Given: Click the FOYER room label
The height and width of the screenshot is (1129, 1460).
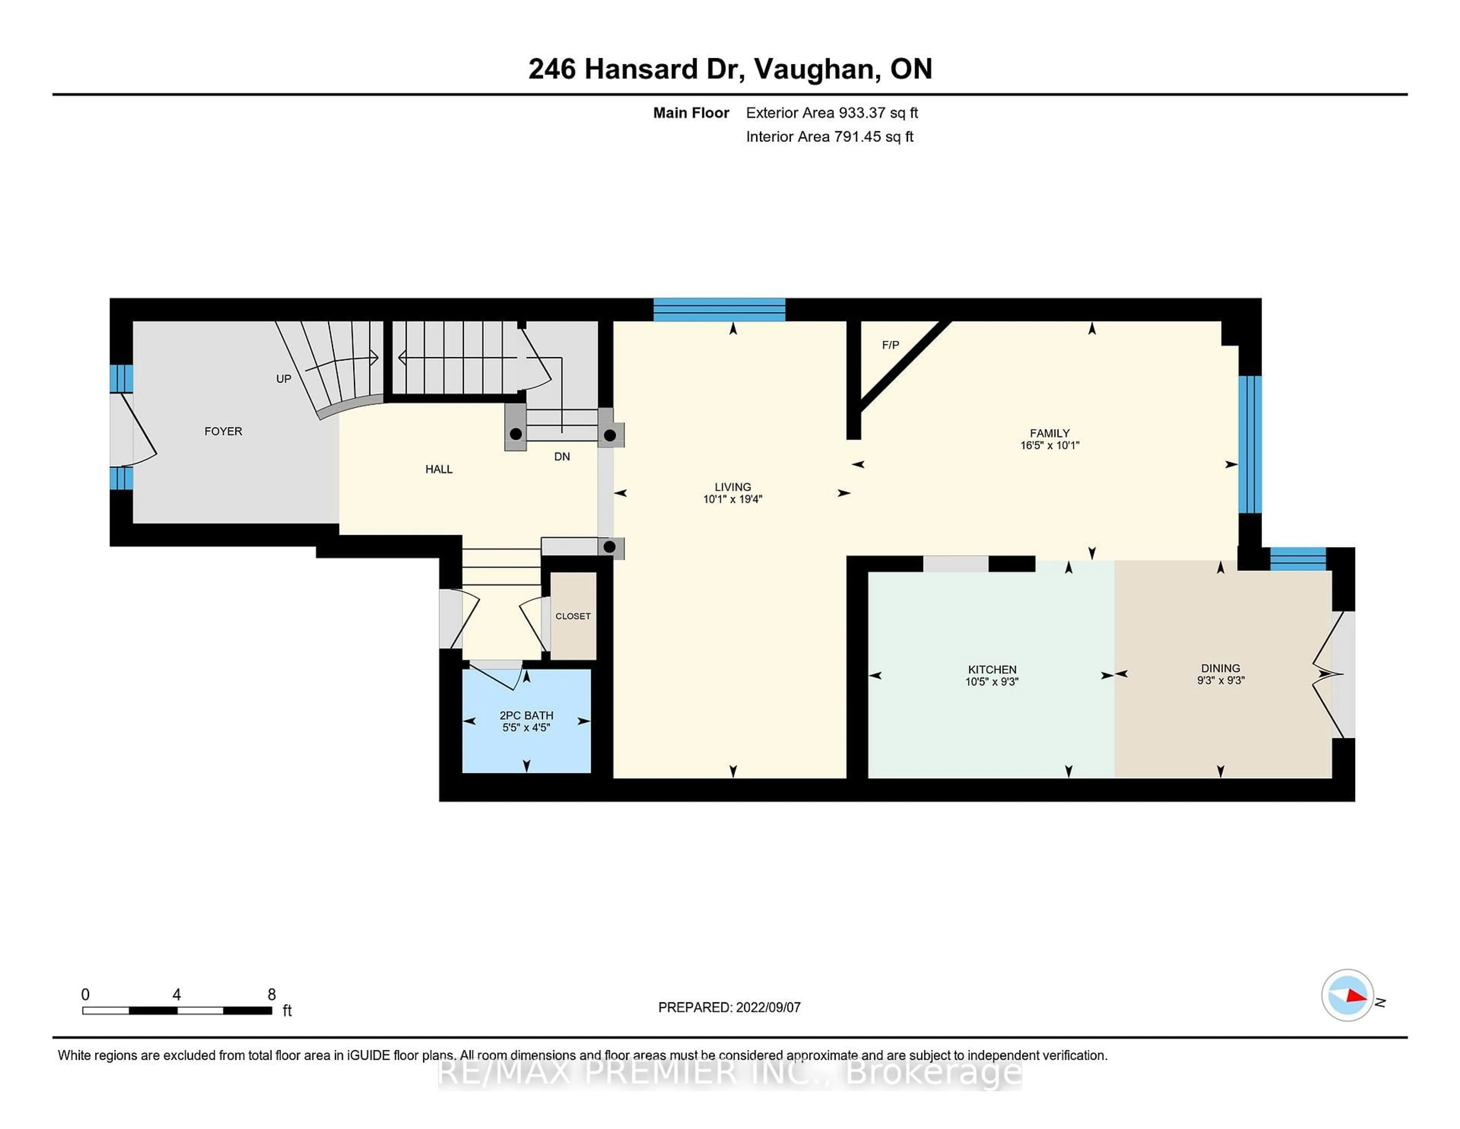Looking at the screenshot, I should pyautogui.click(x=223, y=431).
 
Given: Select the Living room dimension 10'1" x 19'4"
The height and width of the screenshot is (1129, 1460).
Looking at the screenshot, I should pyautogui.click(x=733, y=499).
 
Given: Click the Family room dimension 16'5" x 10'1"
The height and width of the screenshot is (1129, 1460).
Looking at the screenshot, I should pyautogui.click(x=1049, y=445).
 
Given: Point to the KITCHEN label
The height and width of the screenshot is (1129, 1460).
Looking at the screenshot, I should pyautogui.click(x=992, y=669).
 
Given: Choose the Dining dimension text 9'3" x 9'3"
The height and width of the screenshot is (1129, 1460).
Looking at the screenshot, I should pyautogui.click(x=1221, y=681).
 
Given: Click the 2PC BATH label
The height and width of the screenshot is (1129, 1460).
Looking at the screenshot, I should pyautogui.click(x=526, y=716).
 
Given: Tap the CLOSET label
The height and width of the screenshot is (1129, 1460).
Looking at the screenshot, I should pyautogui.click(x=573, y=616).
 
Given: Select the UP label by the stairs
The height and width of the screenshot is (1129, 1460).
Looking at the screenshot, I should pyautogui.click(x=283, y=378).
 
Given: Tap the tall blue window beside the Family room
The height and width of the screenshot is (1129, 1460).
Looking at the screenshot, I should pyautogui.click(x=1249, y=444).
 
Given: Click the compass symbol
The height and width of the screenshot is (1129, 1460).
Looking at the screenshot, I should pyautogui.click(x=1347, y=995).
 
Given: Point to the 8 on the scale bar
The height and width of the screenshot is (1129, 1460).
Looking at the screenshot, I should pyautogui.click(x=271, y=995).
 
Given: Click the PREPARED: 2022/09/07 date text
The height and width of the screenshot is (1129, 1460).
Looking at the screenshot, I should pyautogui.click(x=729, y=1007).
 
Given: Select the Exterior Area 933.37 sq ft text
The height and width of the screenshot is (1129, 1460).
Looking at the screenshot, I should pyautogui.click(x=832, y=113).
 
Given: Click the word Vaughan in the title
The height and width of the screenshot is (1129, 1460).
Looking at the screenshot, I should pyautogui.click(x=817, y=69).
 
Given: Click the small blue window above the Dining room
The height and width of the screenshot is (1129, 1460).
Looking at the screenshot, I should pyautogui.click(x=1298, y=558).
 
